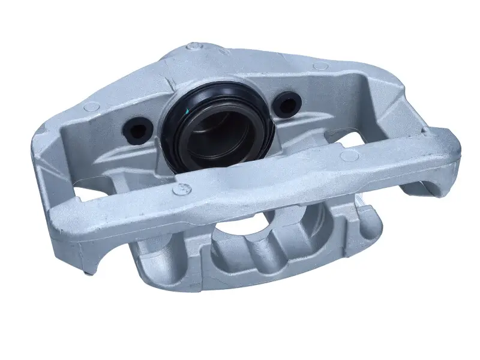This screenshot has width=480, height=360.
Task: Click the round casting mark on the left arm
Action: pyautogui.click(x=91, y=107)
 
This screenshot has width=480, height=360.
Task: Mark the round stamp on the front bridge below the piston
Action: pyautogui.click(x=178, y=190)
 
